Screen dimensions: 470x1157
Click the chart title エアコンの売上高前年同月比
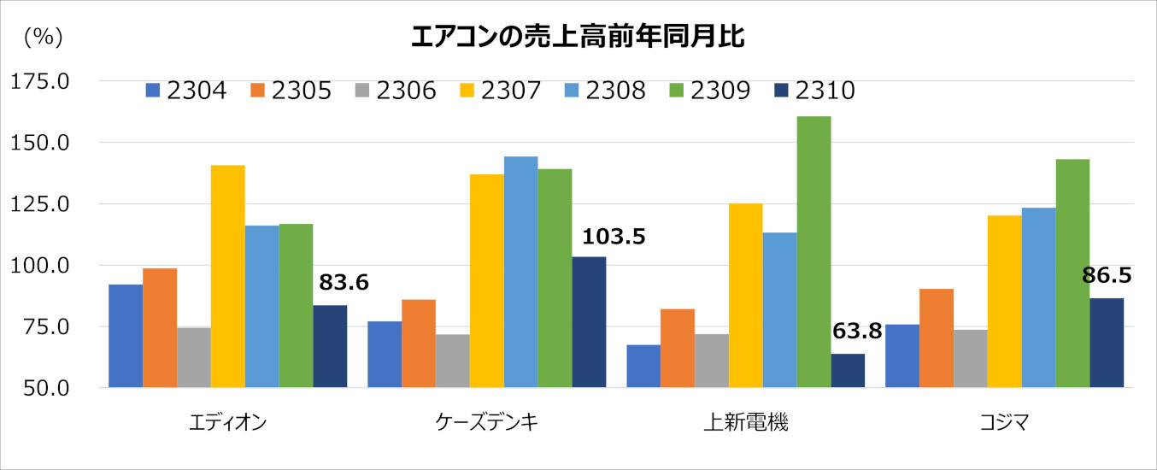578,38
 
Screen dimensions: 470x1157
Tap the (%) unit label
44,37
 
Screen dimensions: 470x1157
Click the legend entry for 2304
186,91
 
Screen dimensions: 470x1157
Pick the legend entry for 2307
500,91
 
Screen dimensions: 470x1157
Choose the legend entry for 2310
813,91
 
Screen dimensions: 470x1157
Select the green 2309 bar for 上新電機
813,252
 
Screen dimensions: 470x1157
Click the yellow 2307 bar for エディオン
228,276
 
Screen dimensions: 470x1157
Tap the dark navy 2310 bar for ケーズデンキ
589,322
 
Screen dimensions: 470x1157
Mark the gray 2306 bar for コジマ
970,358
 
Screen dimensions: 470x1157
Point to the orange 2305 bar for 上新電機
678,348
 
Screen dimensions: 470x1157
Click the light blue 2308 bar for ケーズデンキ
520,272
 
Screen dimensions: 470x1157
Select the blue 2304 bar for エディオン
126,336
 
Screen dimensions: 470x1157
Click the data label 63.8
855,332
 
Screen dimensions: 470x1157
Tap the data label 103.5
613,236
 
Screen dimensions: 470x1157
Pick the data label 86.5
1106,275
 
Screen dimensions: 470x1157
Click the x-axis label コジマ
1003,421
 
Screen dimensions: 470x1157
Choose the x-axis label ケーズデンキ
486,421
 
